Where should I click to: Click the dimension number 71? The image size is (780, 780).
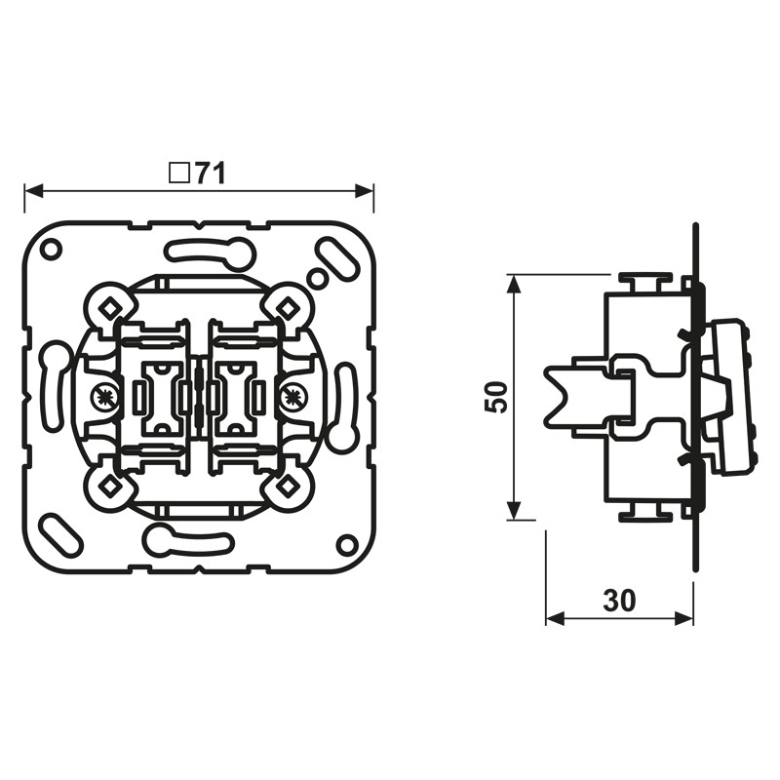(210, 174)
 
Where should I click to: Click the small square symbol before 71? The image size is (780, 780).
(178, 174)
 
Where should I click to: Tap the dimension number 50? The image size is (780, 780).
(496, 397)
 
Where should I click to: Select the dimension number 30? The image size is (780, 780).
(619, 601)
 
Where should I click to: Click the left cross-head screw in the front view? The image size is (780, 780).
(104, 397)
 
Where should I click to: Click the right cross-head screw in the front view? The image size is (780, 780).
(292, 397)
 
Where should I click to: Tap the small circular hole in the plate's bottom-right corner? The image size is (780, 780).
(346, 543)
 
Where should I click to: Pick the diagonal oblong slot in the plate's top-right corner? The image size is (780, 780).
(337, 257)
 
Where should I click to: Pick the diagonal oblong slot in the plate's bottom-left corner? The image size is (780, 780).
(59, 533)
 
